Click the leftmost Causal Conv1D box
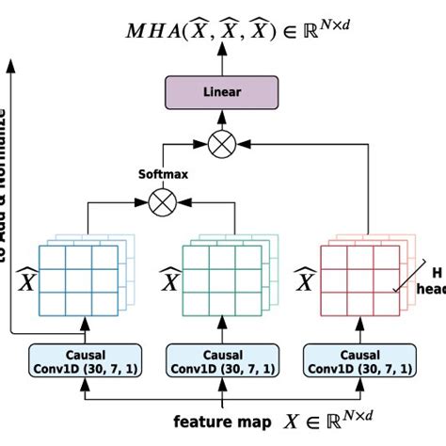(85, 358)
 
